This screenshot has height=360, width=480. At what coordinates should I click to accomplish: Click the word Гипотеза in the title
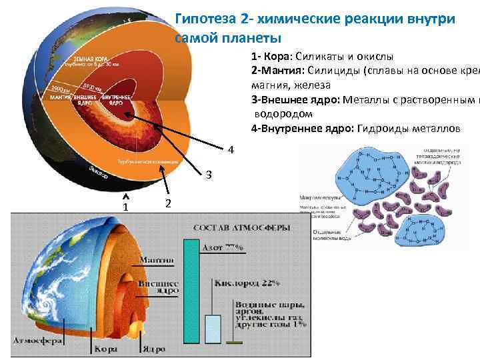click(203, 19)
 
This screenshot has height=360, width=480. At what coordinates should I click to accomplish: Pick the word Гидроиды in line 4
click(381, 129)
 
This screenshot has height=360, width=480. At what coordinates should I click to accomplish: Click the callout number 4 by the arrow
click(230, 149)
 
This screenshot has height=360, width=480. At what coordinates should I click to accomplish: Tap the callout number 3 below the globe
click(209, 175)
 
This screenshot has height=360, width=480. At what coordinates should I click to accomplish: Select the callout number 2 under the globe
click(168, 203)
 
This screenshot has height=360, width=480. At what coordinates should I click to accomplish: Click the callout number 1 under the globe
click(125, 207)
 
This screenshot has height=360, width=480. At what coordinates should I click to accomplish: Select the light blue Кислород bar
click(213, 327)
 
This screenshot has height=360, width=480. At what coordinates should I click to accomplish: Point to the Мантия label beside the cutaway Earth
click(157, 260)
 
